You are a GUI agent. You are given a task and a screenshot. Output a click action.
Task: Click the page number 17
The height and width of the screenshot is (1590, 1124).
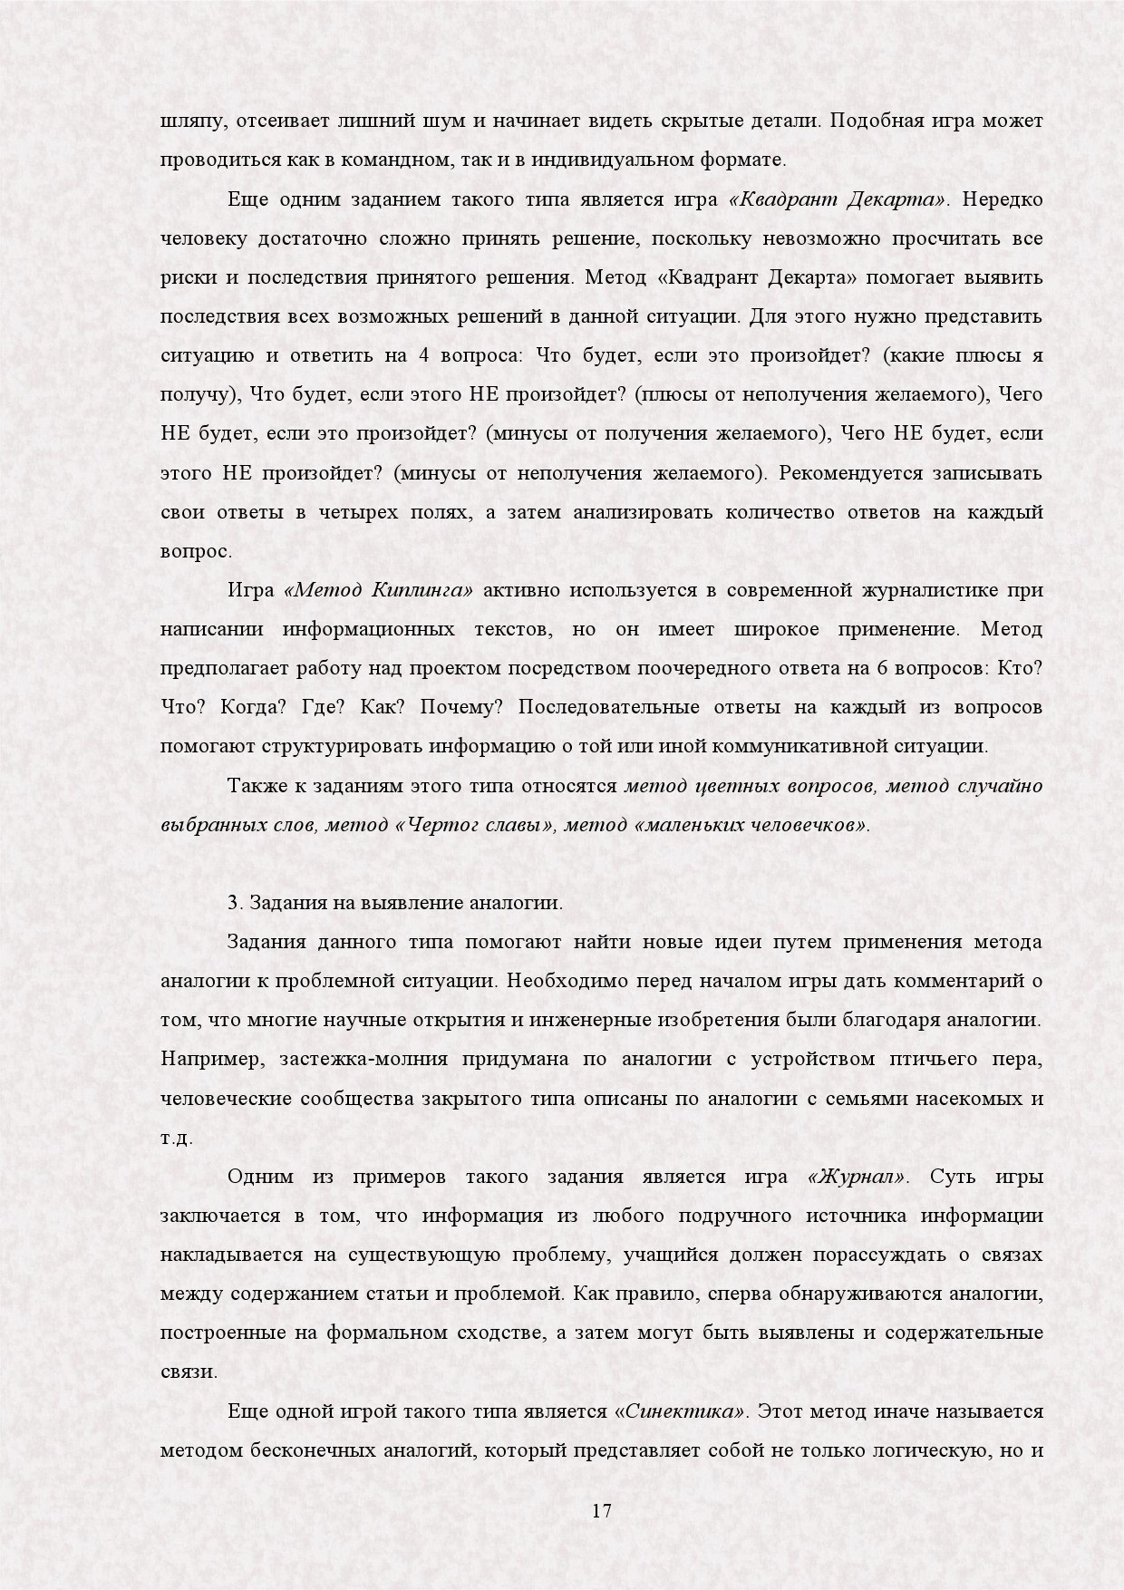(x=602, y=1511)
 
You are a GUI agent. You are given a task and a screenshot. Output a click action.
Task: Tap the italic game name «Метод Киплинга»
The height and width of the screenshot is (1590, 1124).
(x=378, y=590)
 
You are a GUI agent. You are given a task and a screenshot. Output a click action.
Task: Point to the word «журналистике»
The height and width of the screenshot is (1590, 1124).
(x=918, y=590)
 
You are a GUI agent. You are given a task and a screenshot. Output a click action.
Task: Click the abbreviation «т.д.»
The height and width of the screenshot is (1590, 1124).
(x=177, y=1138)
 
